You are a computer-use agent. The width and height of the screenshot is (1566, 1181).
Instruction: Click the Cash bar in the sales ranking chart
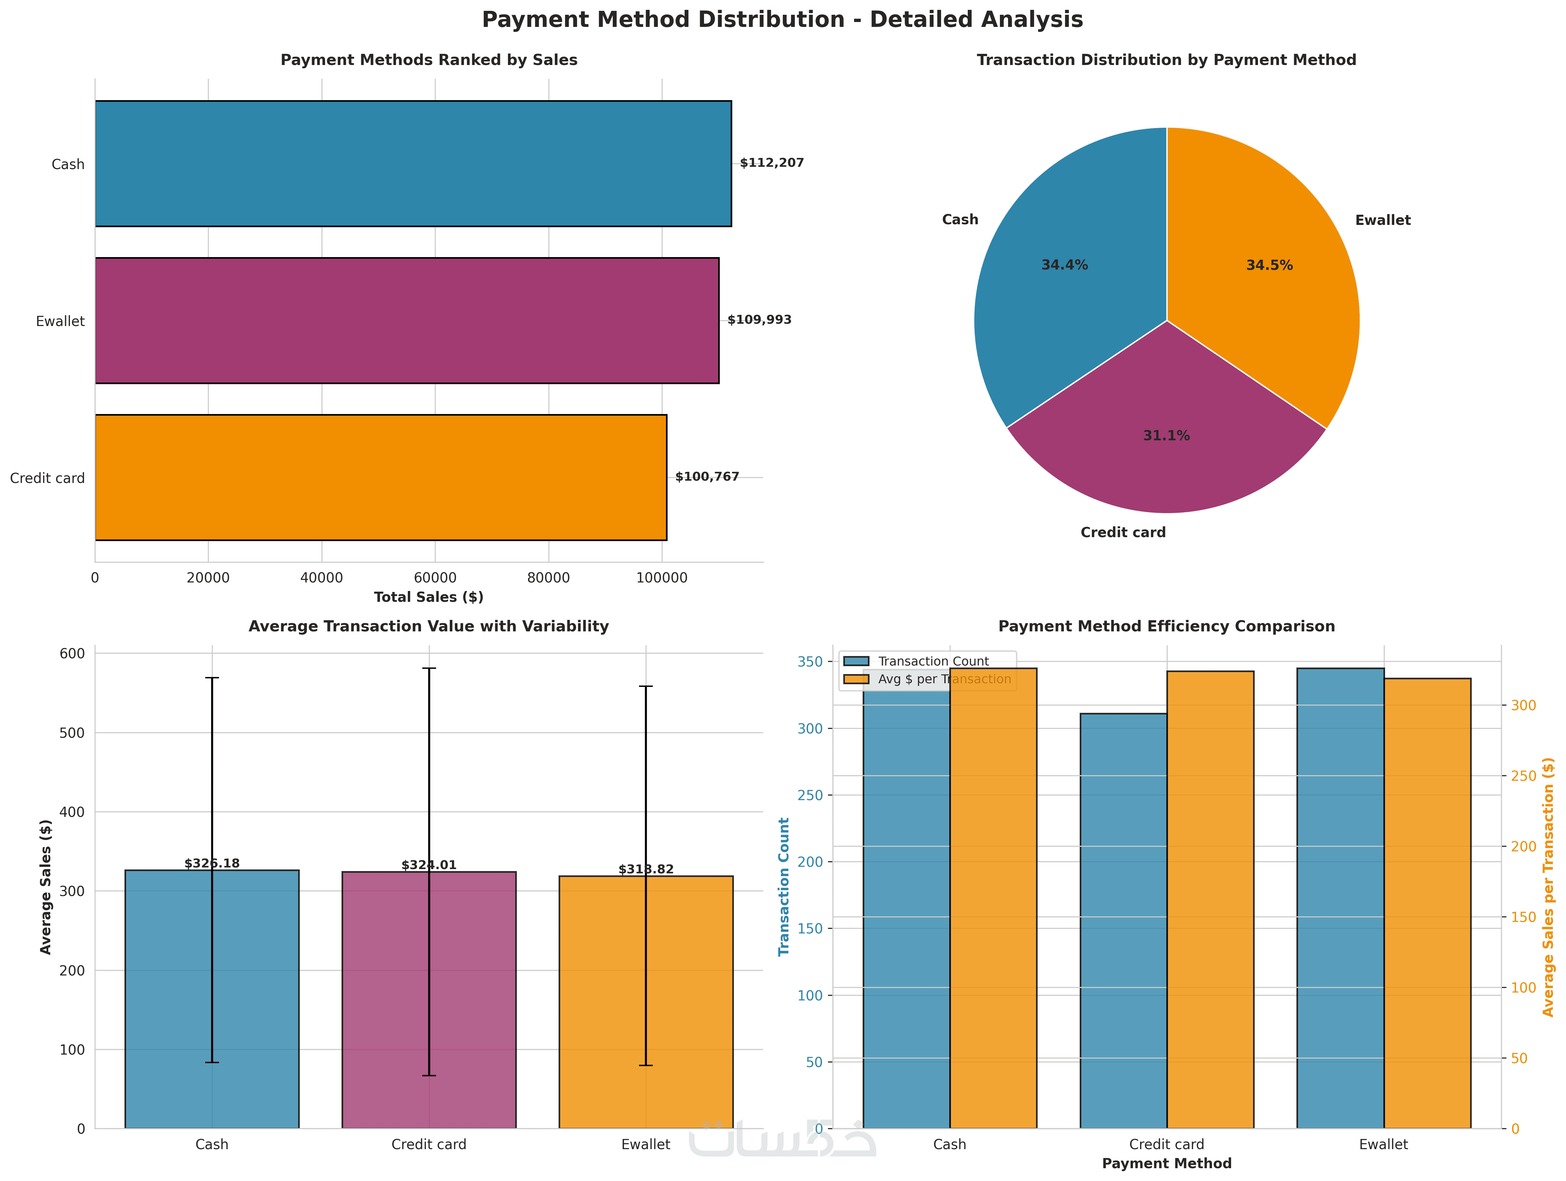[x=413, y=164]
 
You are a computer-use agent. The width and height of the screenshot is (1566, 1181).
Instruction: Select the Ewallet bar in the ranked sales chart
[x=407, y=321]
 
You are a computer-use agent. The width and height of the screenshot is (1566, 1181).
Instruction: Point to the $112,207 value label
[x=772, y=163]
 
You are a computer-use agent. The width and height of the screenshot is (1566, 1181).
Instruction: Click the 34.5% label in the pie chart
[x=1269, y=266]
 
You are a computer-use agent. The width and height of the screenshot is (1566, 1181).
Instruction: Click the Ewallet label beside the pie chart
[x=1382, y=220]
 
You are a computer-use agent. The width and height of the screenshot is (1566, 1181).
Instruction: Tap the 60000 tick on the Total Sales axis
[x=435, y=578]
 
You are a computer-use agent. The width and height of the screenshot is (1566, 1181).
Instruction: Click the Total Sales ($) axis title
[x=428, y=597]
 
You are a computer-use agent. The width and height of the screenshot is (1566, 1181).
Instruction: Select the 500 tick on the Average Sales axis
[x=72, y=733]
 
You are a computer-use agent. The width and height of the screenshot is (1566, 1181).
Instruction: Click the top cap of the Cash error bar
[x=212, y=678]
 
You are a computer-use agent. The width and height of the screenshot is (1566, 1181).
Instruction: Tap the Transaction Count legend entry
[x=932, y=661]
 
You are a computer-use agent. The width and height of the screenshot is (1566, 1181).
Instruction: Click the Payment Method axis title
[x=1166, y=1163]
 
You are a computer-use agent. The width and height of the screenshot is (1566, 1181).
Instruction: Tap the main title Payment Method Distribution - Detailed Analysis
[x=782, y=20]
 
